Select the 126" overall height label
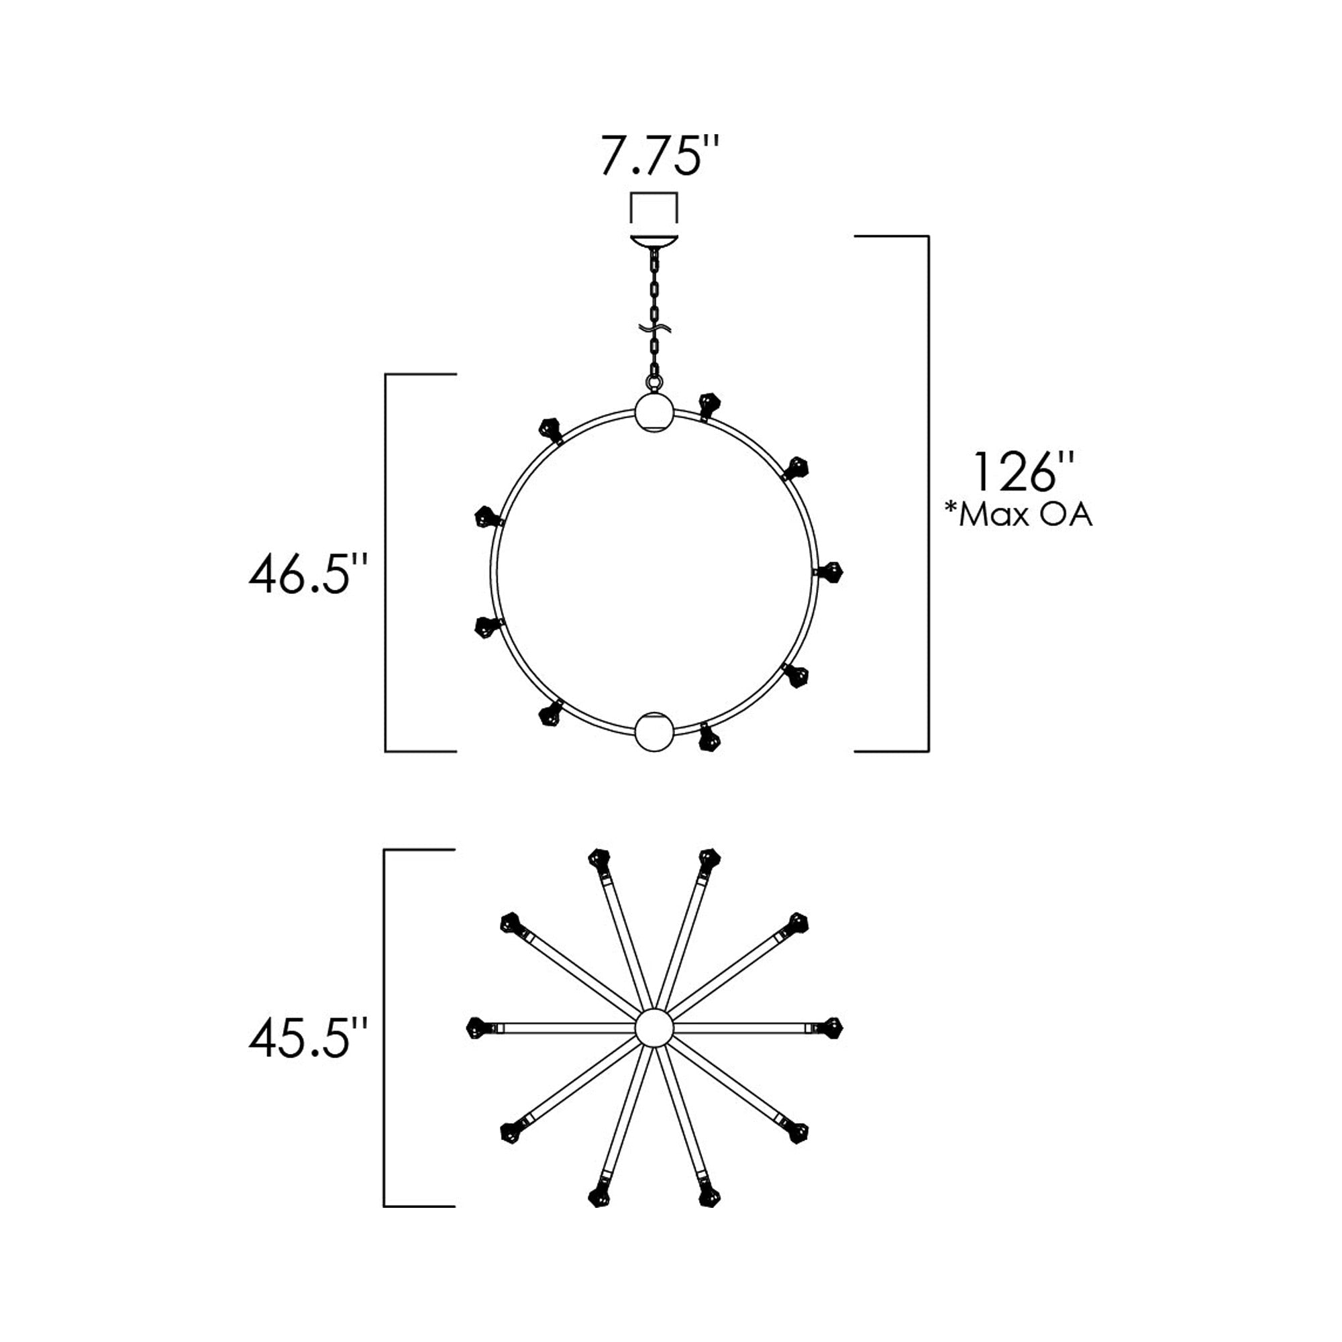pyautogui.click(x=1024, y=472)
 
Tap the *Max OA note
pyautogui.click(x=1019, y=515)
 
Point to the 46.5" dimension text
pyautogui.click(x=308, y=574)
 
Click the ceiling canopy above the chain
pyautogui.click(x=653, y=242)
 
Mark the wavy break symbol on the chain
pyautogui.click(x=654, y=329)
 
